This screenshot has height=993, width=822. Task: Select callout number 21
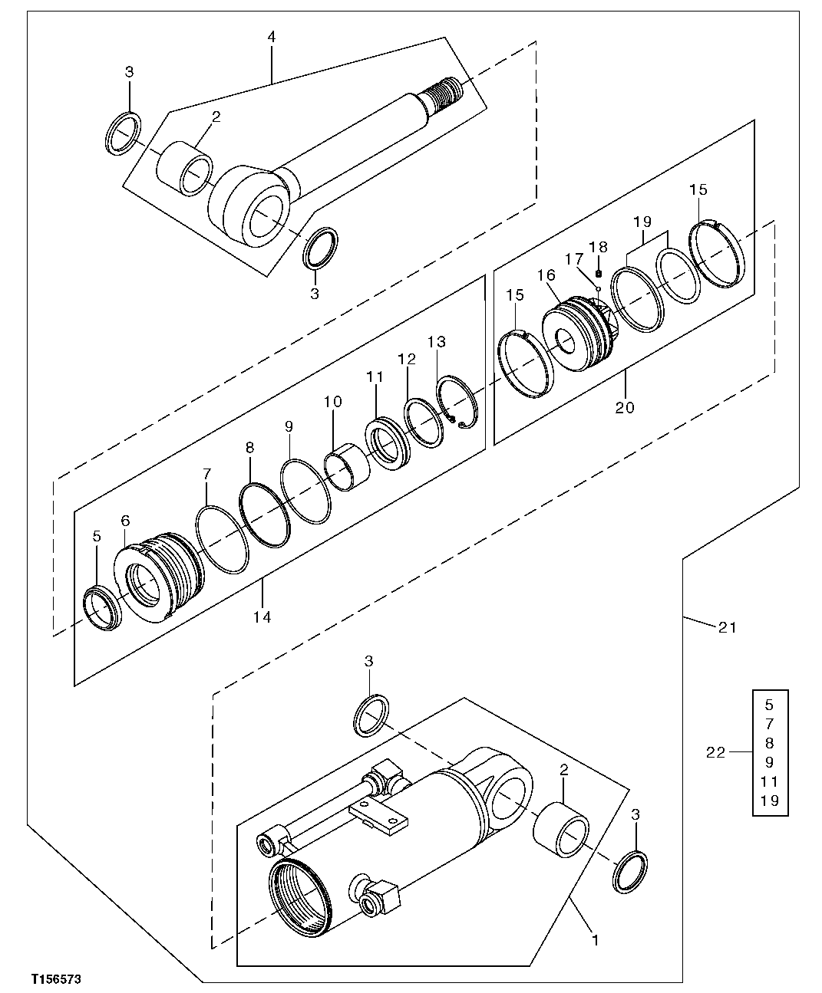(726, 627)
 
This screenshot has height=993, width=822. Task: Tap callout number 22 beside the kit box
(715, 752)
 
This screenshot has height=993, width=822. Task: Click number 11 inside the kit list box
(770, 781)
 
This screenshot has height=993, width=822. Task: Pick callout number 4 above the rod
(272, 37)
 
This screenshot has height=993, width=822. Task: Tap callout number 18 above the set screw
(598, 247)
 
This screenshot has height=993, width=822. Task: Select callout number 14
(262, 617)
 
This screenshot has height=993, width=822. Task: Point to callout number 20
(625, 407)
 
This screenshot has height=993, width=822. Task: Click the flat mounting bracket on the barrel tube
(376, 818)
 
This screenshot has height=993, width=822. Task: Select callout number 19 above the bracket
(642, 222)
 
